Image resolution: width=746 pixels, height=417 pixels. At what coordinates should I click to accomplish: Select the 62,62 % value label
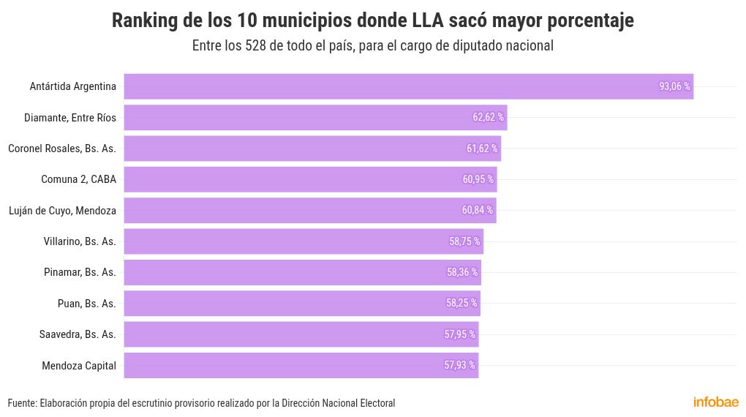tap(488, 117)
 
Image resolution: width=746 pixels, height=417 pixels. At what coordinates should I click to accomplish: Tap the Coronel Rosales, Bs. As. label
tap(62, 149)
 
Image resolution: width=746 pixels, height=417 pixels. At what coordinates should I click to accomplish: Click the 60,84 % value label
tap(477, 211)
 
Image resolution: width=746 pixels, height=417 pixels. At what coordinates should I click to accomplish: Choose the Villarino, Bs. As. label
tap(80, 241)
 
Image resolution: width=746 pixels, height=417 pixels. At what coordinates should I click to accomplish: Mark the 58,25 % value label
tap(461, 303)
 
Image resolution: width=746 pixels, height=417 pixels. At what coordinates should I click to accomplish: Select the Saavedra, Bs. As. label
tap(78, 334)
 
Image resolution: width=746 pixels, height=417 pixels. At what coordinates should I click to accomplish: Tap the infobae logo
tap(715, 402)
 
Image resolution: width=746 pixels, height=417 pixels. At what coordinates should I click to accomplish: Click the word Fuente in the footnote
tap(21, 403)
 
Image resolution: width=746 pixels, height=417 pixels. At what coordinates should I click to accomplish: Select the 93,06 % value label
tap(674, 86)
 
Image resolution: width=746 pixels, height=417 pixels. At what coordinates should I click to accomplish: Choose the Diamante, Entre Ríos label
tap(69, 117)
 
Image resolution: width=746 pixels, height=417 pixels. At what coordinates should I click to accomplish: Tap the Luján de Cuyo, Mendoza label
tap(62, 211)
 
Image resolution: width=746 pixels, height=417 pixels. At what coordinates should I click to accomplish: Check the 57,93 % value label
tap(459, 365)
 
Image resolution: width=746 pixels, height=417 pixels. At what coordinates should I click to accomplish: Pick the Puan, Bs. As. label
tap(86, 303)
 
